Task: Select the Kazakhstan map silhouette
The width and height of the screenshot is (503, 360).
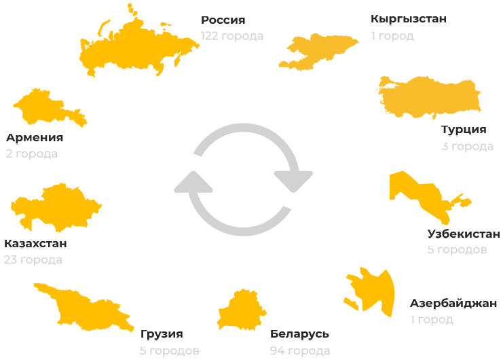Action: coord(58,207)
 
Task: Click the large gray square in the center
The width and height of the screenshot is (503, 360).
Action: coord(242,179)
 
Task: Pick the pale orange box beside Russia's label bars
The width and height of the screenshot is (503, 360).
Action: coord(318,52)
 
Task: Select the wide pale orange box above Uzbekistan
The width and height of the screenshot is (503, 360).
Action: coord(428,98)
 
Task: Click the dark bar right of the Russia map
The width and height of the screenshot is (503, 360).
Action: coord(223,21)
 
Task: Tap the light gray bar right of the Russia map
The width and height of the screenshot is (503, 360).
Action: coord(231,37)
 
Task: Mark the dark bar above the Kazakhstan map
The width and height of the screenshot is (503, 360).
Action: coord(35,139)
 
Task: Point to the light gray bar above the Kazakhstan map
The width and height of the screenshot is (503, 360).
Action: coord(32,156)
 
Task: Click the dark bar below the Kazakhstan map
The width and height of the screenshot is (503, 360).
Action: coord(35,244)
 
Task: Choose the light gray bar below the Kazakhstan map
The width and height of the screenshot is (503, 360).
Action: coord(33,261)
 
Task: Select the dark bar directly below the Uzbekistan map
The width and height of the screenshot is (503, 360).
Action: coord(463,234)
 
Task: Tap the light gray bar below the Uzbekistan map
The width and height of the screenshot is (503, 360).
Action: coord(457,251)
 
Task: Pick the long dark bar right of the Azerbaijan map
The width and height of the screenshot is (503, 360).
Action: coord(453,304)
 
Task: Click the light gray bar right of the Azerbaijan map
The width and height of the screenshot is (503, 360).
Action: coord(432,321)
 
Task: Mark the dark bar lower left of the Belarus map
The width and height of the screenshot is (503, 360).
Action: coord(162,336)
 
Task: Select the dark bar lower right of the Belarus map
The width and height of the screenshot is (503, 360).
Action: coord(299,336)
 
